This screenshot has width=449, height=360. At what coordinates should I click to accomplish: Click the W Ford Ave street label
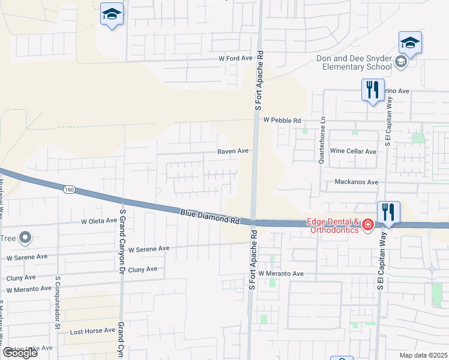236,59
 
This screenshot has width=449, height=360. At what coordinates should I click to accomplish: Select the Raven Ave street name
233,151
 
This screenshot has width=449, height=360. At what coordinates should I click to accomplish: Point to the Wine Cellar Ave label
353,151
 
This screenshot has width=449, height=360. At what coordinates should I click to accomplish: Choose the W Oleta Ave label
99,221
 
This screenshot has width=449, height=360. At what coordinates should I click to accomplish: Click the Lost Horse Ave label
92,331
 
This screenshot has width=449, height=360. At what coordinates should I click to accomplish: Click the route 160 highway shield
70,190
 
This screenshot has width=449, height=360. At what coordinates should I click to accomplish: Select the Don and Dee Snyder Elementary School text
354,62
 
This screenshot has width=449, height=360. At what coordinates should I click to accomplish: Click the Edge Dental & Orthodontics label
333,224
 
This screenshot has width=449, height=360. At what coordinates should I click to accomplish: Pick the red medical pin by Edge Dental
367,226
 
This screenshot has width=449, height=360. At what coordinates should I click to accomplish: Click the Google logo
20,352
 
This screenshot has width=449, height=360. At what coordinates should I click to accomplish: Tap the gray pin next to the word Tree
25,239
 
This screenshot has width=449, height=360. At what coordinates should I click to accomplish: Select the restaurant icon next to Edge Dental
388,212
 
